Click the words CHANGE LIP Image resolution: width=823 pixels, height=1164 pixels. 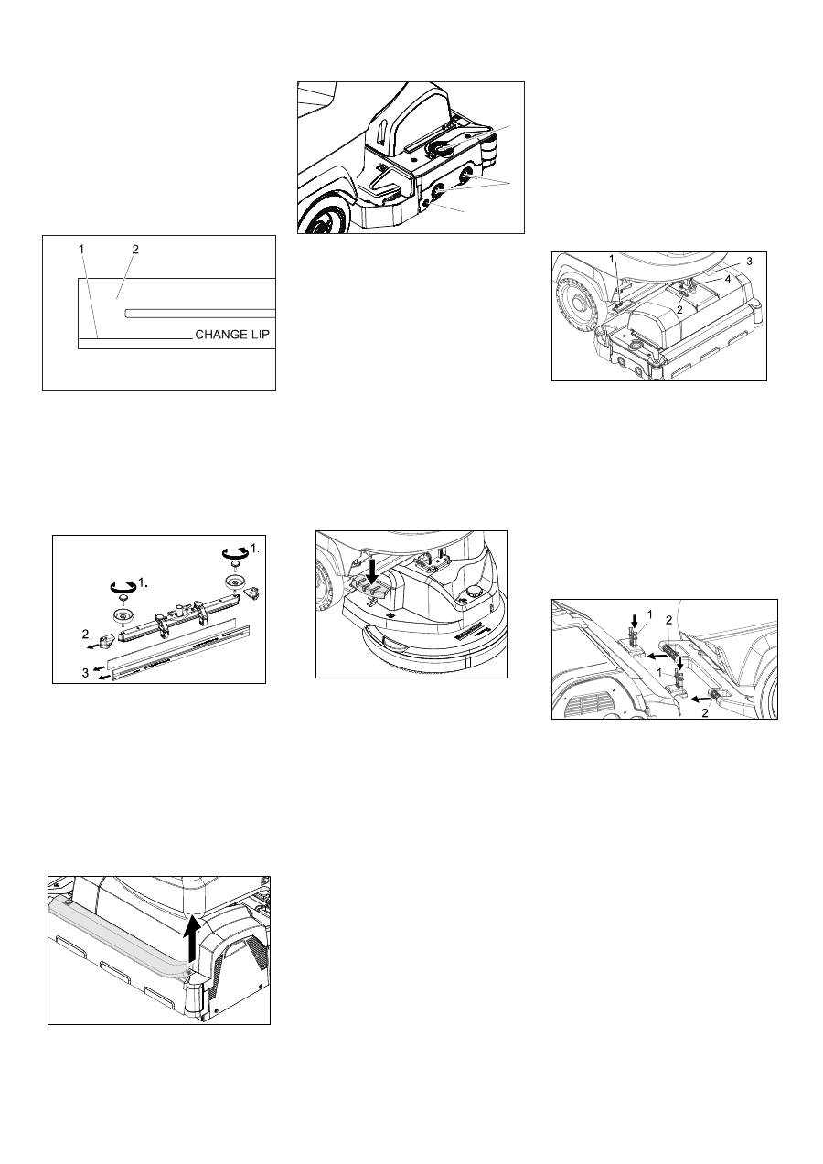[232, 334]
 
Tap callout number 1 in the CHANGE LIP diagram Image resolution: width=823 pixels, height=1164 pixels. [81, 250]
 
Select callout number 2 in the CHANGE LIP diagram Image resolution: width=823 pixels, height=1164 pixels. [135, 250]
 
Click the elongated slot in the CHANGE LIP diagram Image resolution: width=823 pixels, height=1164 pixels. [200, 314]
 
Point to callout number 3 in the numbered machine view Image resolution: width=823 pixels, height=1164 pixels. [749, 262]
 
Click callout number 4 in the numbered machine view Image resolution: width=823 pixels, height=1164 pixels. [728, 280]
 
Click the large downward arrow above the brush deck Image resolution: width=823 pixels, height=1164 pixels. [372, 572]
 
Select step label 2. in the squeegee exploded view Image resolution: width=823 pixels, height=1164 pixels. [87, 634]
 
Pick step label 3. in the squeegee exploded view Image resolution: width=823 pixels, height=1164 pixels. [87, 674]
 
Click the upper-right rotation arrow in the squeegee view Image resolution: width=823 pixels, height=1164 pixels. [235, 553]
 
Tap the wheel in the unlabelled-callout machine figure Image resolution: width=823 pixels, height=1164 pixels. [323, 218]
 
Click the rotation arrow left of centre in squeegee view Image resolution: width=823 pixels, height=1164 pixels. [124, 586]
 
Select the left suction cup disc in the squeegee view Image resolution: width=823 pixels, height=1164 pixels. [123, 617]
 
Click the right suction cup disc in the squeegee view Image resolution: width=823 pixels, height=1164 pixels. [235, 582]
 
